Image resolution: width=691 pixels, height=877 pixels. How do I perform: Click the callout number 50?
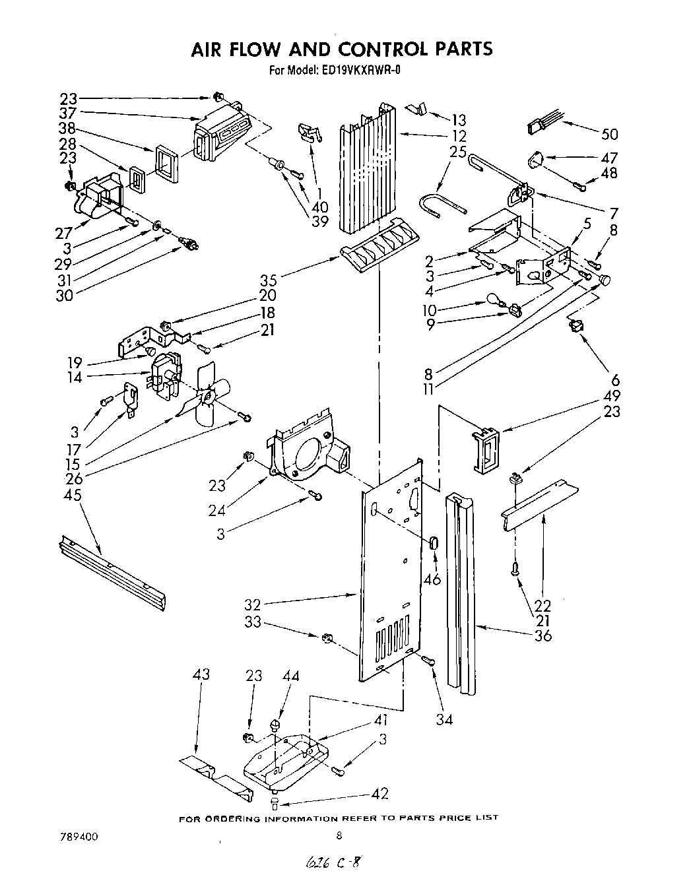[x=609, y=134]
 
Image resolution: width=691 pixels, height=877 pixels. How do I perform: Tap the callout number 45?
[x=73, y=494]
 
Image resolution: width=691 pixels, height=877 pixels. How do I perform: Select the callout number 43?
[x=201, y=674]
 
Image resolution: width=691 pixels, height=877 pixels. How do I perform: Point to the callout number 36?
[x=543, y=635]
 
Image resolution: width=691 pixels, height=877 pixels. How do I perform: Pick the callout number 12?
[x=458, y=136]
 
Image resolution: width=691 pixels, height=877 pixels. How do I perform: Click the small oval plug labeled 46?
[x=434, y=542]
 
